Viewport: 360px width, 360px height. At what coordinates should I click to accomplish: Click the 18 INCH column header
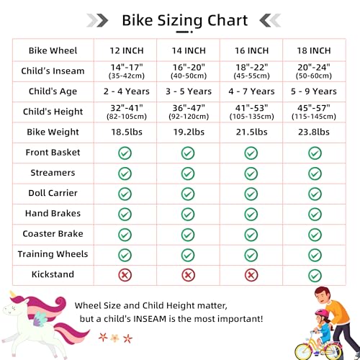click(314, 50)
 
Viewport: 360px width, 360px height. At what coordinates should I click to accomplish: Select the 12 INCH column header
click(127, 50)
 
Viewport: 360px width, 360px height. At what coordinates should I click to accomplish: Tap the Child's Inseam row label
click(53, 71)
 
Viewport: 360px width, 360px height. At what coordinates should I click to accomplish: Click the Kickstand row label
click(53, 274)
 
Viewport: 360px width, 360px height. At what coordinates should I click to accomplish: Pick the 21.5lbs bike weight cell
click(251, 132)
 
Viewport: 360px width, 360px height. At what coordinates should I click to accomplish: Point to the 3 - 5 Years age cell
click(189, 91)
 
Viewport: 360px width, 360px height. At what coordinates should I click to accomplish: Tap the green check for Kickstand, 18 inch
click(315, 276)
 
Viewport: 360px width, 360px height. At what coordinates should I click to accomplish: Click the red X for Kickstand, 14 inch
click(188, 275)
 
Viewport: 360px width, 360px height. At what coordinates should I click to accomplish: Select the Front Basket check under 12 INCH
click(125, 153)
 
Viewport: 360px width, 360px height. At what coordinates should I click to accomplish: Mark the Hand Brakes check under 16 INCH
click(251, 214)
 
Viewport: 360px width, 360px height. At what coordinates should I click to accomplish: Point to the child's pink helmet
click(322, 313)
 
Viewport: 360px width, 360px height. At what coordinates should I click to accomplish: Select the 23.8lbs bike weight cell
click(314, 132)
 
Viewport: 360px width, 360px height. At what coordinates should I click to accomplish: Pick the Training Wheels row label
click(53, 254)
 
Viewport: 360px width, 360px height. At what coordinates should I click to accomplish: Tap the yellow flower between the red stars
click(115, 338)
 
